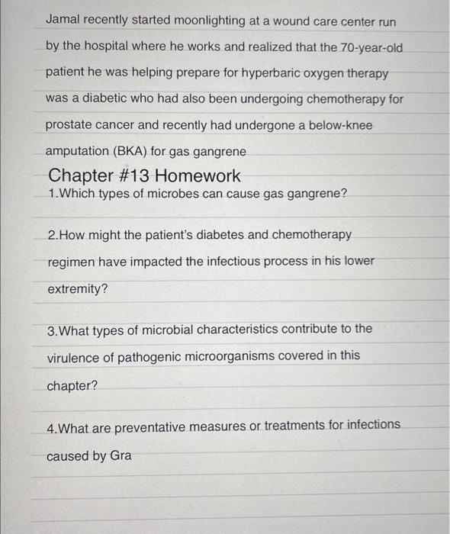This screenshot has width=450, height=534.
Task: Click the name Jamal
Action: click(65, 21)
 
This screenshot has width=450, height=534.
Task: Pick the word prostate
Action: click(69, 125)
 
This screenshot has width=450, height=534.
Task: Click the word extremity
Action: click(75, 289)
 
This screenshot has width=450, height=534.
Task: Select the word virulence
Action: click(76, 355)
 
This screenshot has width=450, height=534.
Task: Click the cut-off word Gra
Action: click(121, 455)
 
